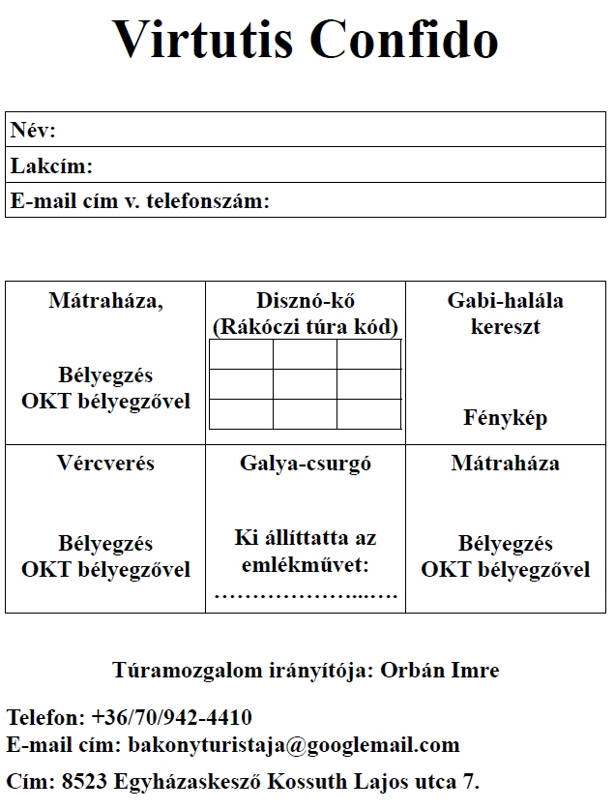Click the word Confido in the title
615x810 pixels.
405,40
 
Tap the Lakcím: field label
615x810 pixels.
51,166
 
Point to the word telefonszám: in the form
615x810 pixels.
207,201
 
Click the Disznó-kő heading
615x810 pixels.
305,300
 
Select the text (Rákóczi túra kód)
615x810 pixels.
306,326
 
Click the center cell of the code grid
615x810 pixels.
305,384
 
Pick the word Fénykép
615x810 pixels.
505,418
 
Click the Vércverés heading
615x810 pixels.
105,464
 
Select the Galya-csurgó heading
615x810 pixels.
306,464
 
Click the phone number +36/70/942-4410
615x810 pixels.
172,718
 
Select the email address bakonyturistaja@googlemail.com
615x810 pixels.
294,745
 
